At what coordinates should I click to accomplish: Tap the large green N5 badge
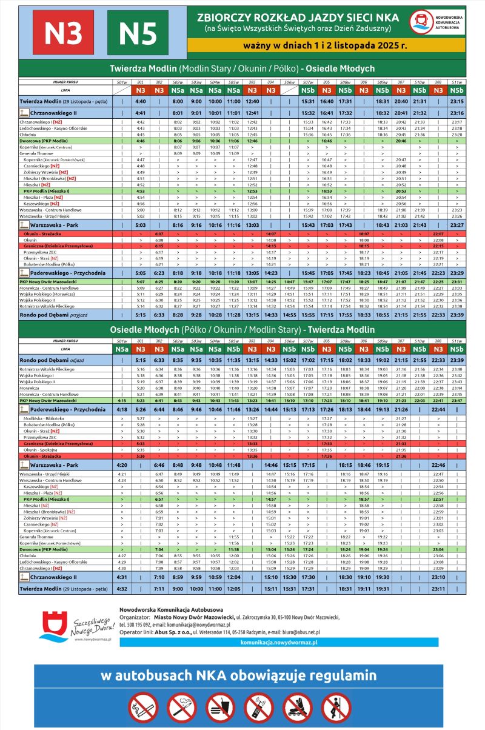coord(138,33)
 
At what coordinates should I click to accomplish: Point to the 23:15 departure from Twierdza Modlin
coord(457,101)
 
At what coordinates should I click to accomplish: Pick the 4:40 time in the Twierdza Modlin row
coord(141,101)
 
